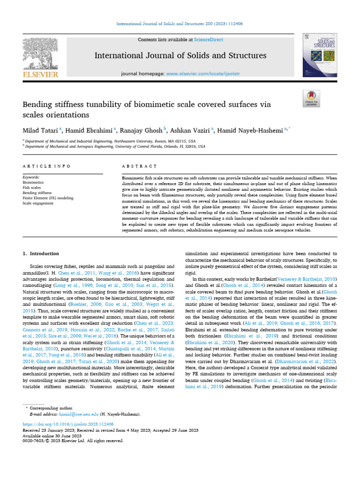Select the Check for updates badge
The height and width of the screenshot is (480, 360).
pyautogui.click(x=311, y=99)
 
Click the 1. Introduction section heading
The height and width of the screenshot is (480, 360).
pyautogui.click(x=41, y=254)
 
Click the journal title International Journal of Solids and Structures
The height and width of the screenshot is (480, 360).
pyautogui.click(x=180, y=56)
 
